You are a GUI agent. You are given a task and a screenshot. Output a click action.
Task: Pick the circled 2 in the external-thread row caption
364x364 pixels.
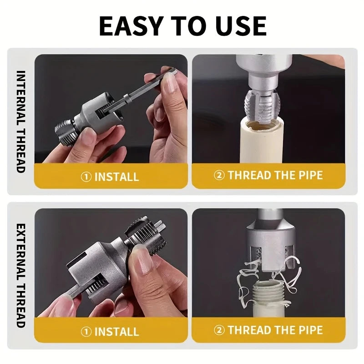pos(219,330)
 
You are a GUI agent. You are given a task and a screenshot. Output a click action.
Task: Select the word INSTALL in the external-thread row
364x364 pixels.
pos(116,331)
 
